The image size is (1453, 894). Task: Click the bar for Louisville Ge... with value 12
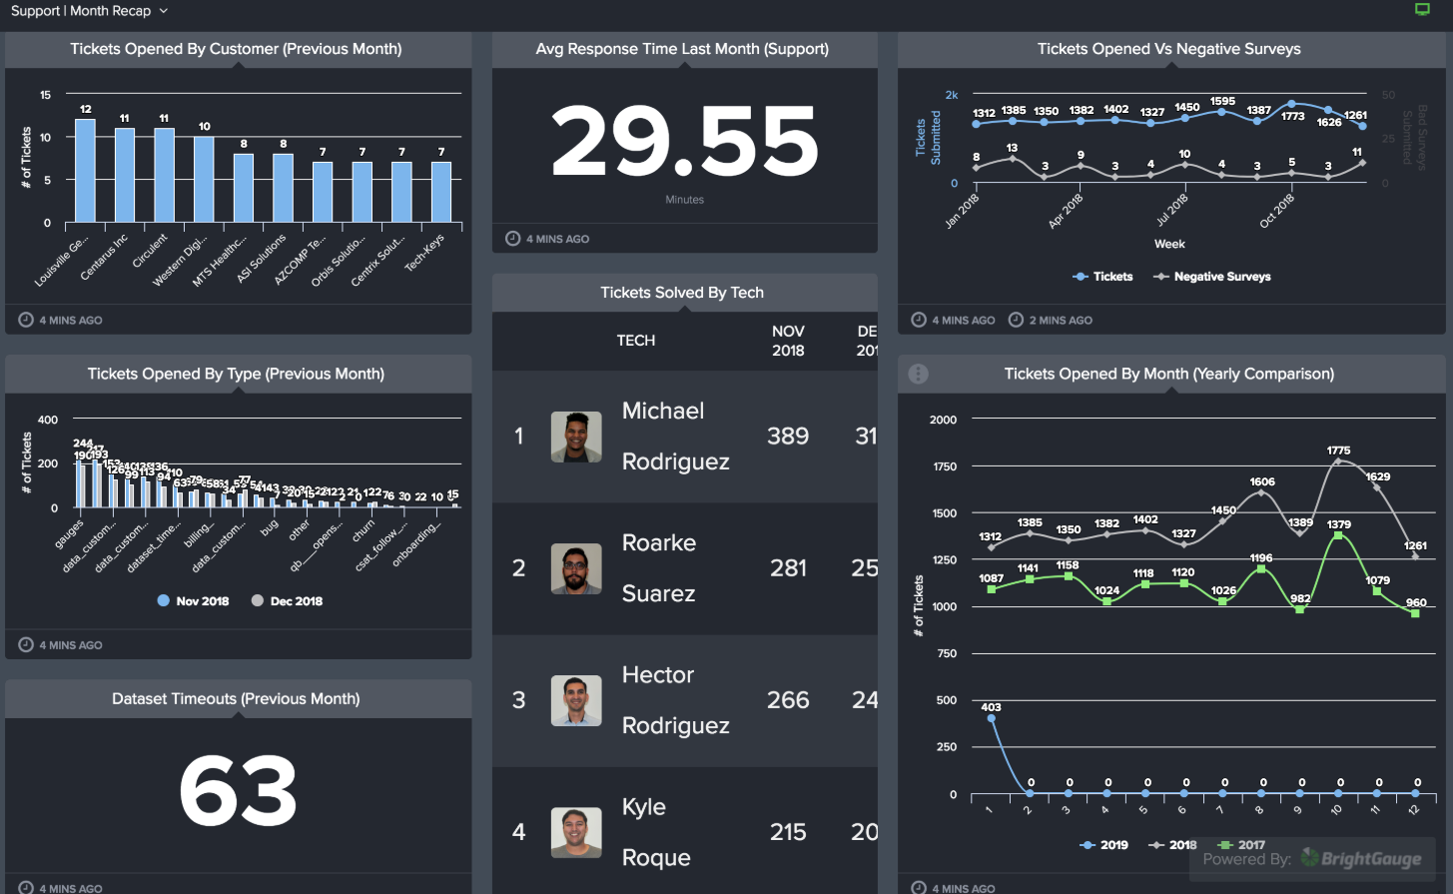click(x=85, y=171)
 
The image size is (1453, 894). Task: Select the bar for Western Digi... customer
click(x=204, y=180)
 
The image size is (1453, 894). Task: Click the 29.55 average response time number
click(x=685, y=142)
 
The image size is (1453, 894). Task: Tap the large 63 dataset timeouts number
click(x=238, y=791)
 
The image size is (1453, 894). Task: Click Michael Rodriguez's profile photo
click(x=576, y=437)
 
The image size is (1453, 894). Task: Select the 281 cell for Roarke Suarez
click(x=788, y=568)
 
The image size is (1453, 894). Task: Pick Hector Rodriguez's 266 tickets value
click(x=788, y=700)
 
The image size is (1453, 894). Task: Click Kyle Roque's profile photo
click(x=576, y=832)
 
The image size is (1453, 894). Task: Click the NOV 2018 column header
click(x=788, y=341)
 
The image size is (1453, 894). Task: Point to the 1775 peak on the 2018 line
click(x=1339, y=461)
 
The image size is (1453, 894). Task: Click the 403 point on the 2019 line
click(x=991, y=718)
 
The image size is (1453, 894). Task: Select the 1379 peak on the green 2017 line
click(x=1338, y=536)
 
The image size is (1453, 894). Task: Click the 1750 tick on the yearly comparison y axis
click(x=943, y=466)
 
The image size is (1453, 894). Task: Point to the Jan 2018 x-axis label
click(x=963, y=211)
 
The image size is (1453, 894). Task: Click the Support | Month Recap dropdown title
click(x=89, y=11)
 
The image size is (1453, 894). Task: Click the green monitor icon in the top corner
click(x=1423, y=10)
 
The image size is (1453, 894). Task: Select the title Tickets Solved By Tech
click(x=682, y=293)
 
